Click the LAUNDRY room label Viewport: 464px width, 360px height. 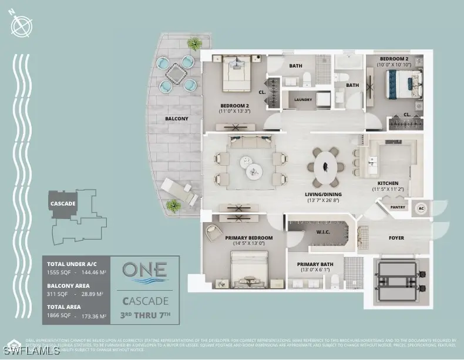[302, 100]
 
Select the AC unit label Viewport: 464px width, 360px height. [421, 208]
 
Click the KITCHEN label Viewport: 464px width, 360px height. [389, 183]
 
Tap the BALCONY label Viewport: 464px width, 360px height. [177, 119]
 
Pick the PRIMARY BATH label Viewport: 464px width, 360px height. [315, 264]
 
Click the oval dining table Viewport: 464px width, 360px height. [325, 166]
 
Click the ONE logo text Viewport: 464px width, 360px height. [144, 271]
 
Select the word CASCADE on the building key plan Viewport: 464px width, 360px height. [63, 204]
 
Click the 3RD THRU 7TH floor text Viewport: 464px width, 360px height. [144, 315]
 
